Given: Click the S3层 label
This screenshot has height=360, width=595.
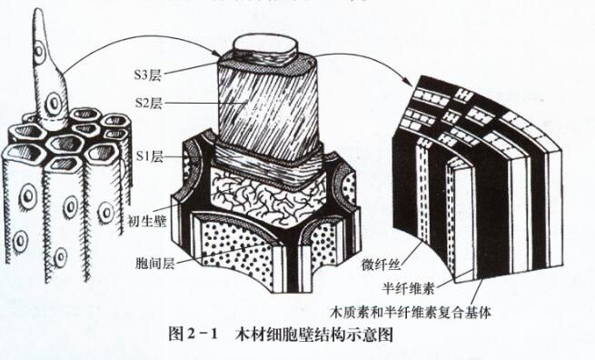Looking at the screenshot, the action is point(147,75).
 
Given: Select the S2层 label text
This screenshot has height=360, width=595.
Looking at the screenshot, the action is point(149,103).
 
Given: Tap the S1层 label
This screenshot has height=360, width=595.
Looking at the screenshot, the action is point(150,156).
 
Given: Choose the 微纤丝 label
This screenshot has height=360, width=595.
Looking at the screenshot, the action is point(381,265).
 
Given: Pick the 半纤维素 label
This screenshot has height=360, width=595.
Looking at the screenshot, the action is point(408,288).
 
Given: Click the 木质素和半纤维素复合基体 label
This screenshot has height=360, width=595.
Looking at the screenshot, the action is point(411,312).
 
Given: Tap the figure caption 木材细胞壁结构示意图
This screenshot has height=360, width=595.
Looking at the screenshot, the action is point(314,335).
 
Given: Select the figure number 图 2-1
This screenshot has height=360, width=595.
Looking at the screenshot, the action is point(193,335).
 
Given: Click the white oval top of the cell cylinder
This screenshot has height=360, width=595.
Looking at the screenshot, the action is point(265,46).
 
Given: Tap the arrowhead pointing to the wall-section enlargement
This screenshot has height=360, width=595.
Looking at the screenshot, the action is point(408,81).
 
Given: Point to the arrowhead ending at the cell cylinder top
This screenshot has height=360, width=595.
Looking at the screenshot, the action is point(215,55).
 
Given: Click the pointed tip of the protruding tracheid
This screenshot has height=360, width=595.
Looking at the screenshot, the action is point(39,9).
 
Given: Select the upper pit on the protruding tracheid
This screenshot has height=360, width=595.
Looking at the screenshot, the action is point(39,50).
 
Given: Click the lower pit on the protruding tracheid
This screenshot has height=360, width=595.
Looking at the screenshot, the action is point(54,103).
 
